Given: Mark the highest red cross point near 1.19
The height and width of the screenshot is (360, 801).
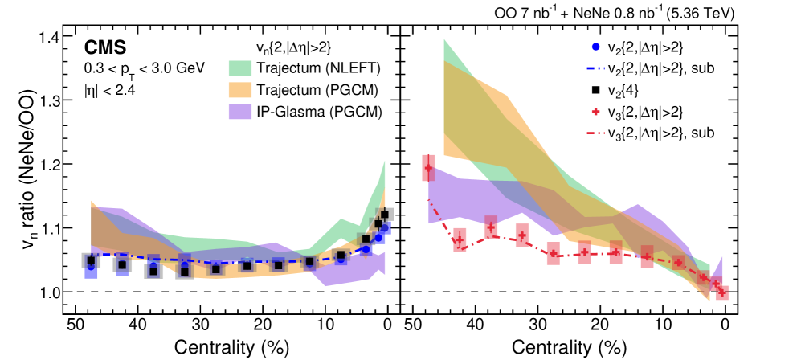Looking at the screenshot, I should coord(429,168).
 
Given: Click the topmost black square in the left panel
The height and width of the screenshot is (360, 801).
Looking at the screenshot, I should coord(385,214).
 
